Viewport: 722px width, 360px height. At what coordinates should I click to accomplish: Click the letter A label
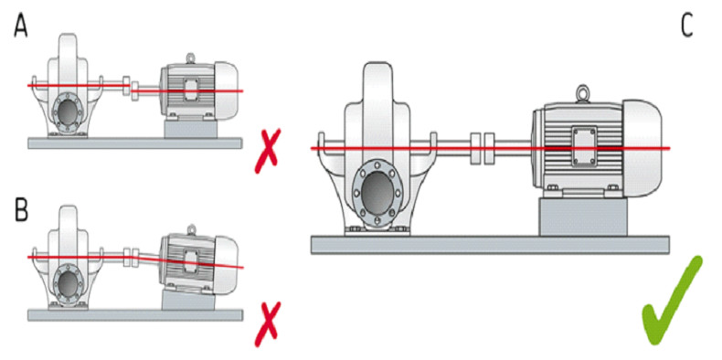(x=21, y=27)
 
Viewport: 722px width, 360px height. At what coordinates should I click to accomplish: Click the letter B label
(x=21, y=209)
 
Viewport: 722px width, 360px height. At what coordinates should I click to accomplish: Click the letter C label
(x=686, y=27)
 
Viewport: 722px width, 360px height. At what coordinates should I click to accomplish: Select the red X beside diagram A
(x=267, y=151)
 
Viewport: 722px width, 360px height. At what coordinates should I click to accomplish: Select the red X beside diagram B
(x=267, y=324)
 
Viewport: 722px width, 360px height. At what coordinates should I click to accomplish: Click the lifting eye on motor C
(x=584, y=94)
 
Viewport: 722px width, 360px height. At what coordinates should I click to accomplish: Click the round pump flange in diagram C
(x=377, y=188)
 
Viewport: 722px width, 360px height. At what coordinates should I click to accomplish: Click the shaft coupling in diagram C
(x=483, y=148)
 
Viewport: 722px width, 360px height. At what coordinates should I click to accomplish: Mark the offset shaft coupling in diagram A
(x=131, y=88)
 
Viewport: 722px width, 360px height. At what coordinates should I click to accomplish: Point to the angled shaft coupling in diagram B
(x=131, y=258)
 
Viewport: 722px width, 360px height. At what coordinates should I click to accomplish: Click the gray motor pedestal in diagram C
(x=583, y=217)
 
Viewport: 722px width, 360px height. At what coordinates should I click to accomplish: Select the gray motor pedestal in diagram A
(x=190, y=130)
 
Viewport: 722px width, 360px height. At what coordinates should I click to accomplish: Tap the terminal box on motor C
(x=585, y=146)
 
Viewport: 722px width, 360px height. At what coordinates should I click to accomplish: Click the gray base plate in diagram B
(x=135, y=315)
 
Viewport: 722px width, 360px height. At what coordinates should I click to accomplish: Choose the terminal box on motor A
(x=190, y=89)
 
